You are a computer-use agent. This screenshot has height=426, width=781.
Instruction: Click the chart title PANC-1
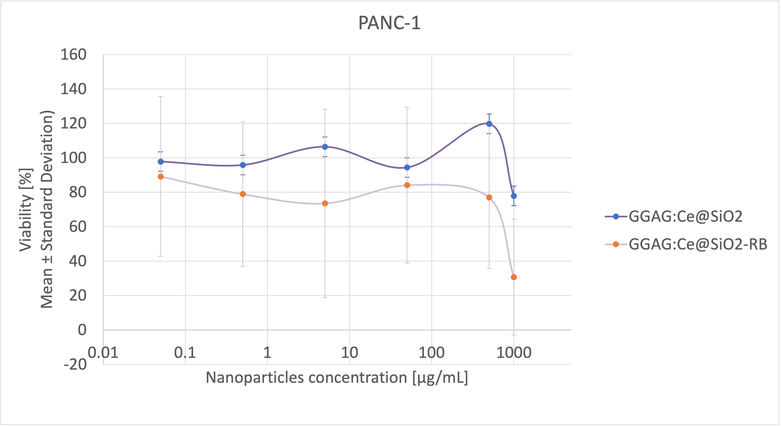coord(389,23)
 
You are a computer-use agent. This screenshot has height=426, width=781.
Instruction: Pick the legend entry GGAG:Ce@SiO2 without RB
coord(685,217)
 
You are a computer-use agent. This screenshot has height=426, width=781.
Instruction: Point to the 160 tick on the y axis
coord(73,55)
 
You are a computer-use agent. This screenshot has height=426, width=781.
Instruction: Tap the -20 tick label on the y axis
coord(75,364)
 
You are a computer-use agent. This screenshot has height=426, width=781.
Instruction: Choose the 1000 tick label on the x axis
coord(514,353)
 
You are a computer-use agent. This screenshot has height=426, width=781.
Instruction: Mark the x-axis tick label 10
coord(349,353)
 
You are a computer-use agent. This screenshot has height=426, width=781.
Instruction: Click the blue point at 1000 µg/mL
coord(514,196)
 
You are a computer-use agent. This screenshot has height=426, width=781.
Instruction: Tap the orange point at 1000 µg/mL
coord(514,277)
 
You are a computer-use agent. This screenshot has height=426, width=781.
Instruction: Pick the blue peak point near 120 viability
coord(489,124)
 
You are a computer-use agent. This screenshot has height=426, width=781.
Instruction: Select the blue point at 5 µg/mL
coord(325,147)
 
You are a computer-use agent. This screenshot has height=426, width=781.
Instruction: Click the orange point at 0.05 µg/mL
coord(161,177)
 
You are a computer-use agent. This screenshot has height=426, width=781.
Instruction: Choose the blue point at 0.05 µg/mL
coord(161,162)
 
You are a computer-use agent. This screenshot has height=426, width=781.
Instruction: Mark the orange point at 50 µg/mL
coord(407,185)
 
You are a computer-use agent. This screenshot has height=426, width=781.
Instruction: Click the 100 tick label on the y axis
coord(73,158)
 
